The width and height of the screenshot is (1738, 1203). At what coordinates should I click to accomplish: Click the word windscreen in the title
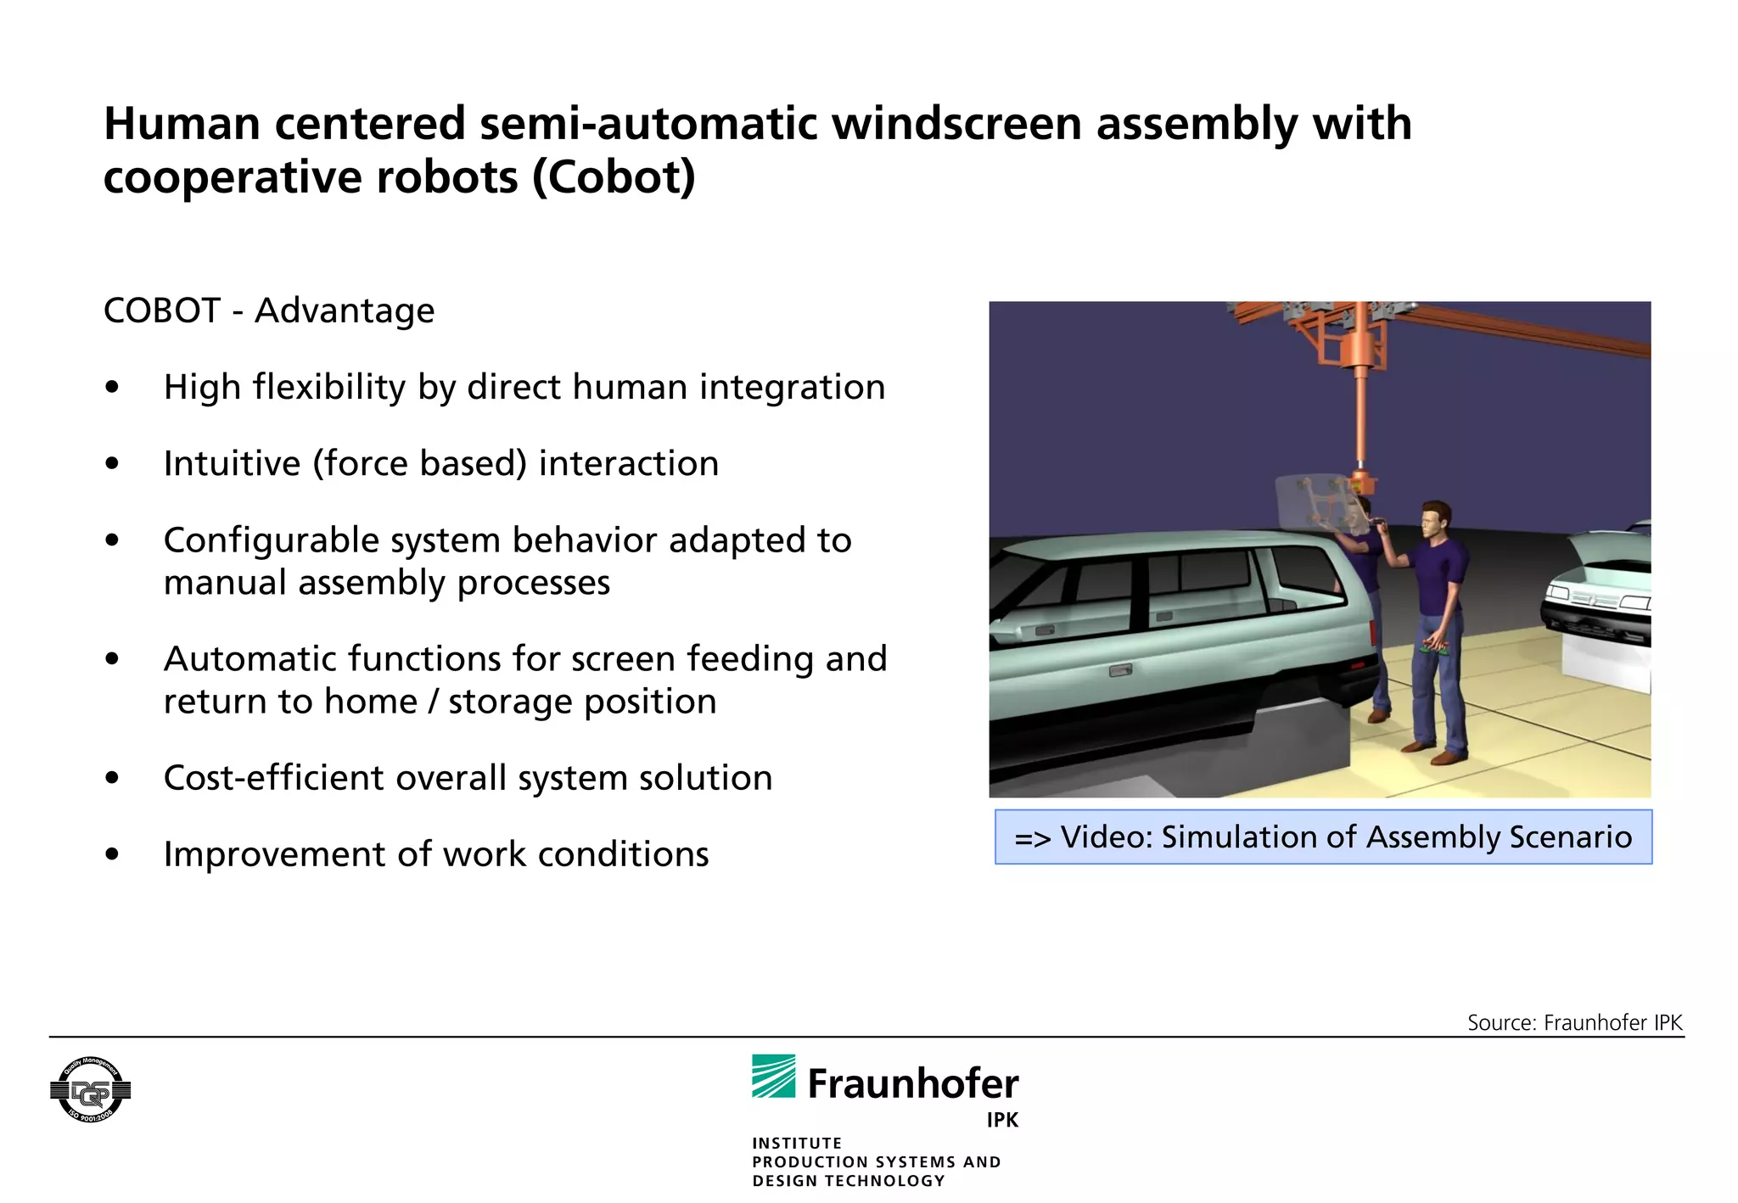tap(956, 124)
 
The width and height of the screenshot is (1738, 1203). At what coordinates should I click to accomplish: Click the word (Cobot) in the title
tap(614, 178)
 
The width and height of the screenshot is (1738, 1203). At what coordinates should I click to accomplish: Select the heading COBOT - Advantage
tap(269, 311)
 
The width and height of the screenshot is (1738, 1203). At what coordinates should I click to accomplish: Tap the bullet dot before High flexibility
tap(112, 388)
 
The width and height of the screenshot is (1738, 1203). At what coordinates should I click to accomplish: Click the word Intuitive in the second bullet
tap(232, 464)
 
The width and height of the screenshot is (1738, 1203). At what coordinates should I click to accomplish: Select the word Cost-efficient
tap(273, 778)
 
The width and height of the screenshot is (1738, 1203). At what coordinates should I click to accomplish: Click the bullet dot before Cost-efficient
tap(112, 778)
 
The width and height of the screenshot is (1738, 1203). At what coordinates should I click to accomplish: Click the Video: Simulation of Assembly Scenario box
tap(1323, 837)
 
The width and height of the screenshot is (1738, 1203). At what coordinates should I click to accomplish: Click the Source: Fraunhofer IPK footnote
tap(1574, 1022)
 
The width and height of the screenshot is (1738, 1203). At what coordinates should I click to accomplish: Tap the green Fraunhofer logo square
tap(773, 1077)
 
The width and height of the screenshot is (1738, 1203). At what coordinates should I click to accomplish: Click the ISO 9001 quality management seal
tap(91, 1090)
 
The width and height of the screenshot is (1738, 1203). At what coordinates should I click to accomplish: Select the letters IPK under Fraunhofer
tap(1001, 1120)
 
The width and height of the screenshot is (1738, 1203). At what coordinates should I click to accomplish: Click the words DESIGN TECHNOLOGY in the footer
tap(848, 1181)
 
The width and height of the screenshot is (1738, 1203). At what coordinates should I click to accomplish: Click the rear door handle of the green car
tap(1120, 671)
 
